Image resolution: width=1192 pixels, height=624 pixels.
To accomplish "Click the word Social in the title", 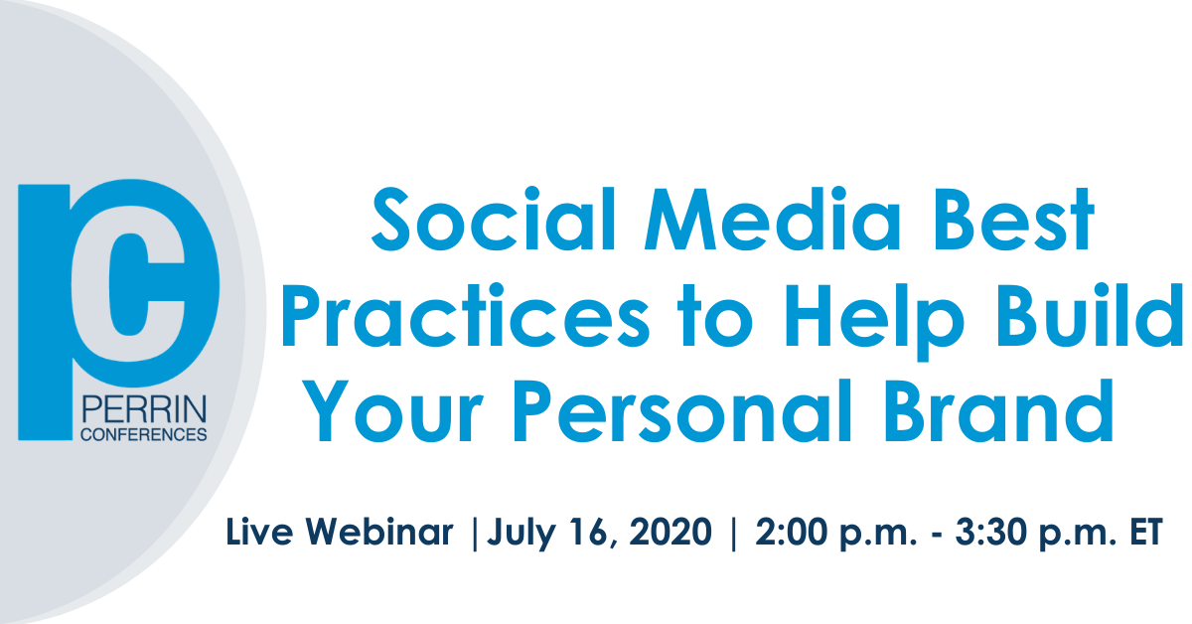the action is (494, 219).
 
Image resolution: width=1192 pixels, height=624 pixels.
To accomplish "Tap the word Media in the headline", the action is (772, 219).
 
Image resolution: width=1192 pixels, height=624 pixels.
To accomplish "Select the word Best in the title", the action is (1012, 219).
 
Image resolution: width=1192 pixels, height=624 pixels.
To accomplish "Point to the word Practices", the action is (466, 315).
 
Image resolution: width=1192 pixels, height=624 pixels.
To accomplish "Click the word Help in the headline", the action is (874, 322).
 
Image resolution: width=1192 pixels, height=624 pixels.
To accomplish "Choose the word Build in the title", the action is (1089, 315).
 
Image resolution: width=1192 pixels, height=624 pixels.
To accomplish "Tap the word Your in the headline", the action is (393, 410).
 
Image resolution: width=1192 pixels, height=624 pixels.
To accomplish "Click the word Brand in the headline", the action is (999, 410).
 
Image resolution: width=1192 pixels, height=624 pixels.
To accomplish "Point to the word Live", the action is (259, 531).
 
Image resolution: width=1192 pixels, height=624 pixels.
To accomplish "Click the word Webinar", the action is (378, 531).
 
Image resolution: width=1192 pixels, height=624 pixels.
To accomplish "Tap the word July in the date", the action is (521, 534).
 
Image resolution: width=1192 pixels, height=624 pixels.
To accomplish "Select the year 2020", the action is (670, 531).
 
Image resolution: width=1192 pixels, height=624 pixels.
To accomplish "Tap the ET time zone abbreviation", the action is (1145, 531).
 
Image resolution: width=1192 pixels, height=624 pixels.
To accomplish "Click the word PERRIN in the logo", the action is (144, 410).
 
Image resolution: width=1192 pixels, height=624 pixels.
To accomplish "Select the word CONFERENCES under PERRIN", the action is (144, 434).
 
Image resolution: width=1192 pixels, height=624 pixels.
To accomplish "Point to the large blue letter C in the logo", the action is (145, 283).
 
